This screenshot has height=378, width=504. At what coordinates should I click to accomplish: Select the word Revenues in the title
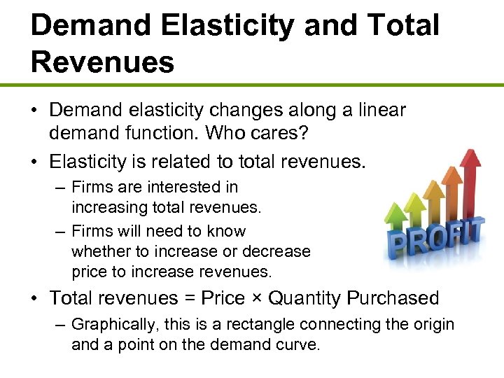tap(102, 62)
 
